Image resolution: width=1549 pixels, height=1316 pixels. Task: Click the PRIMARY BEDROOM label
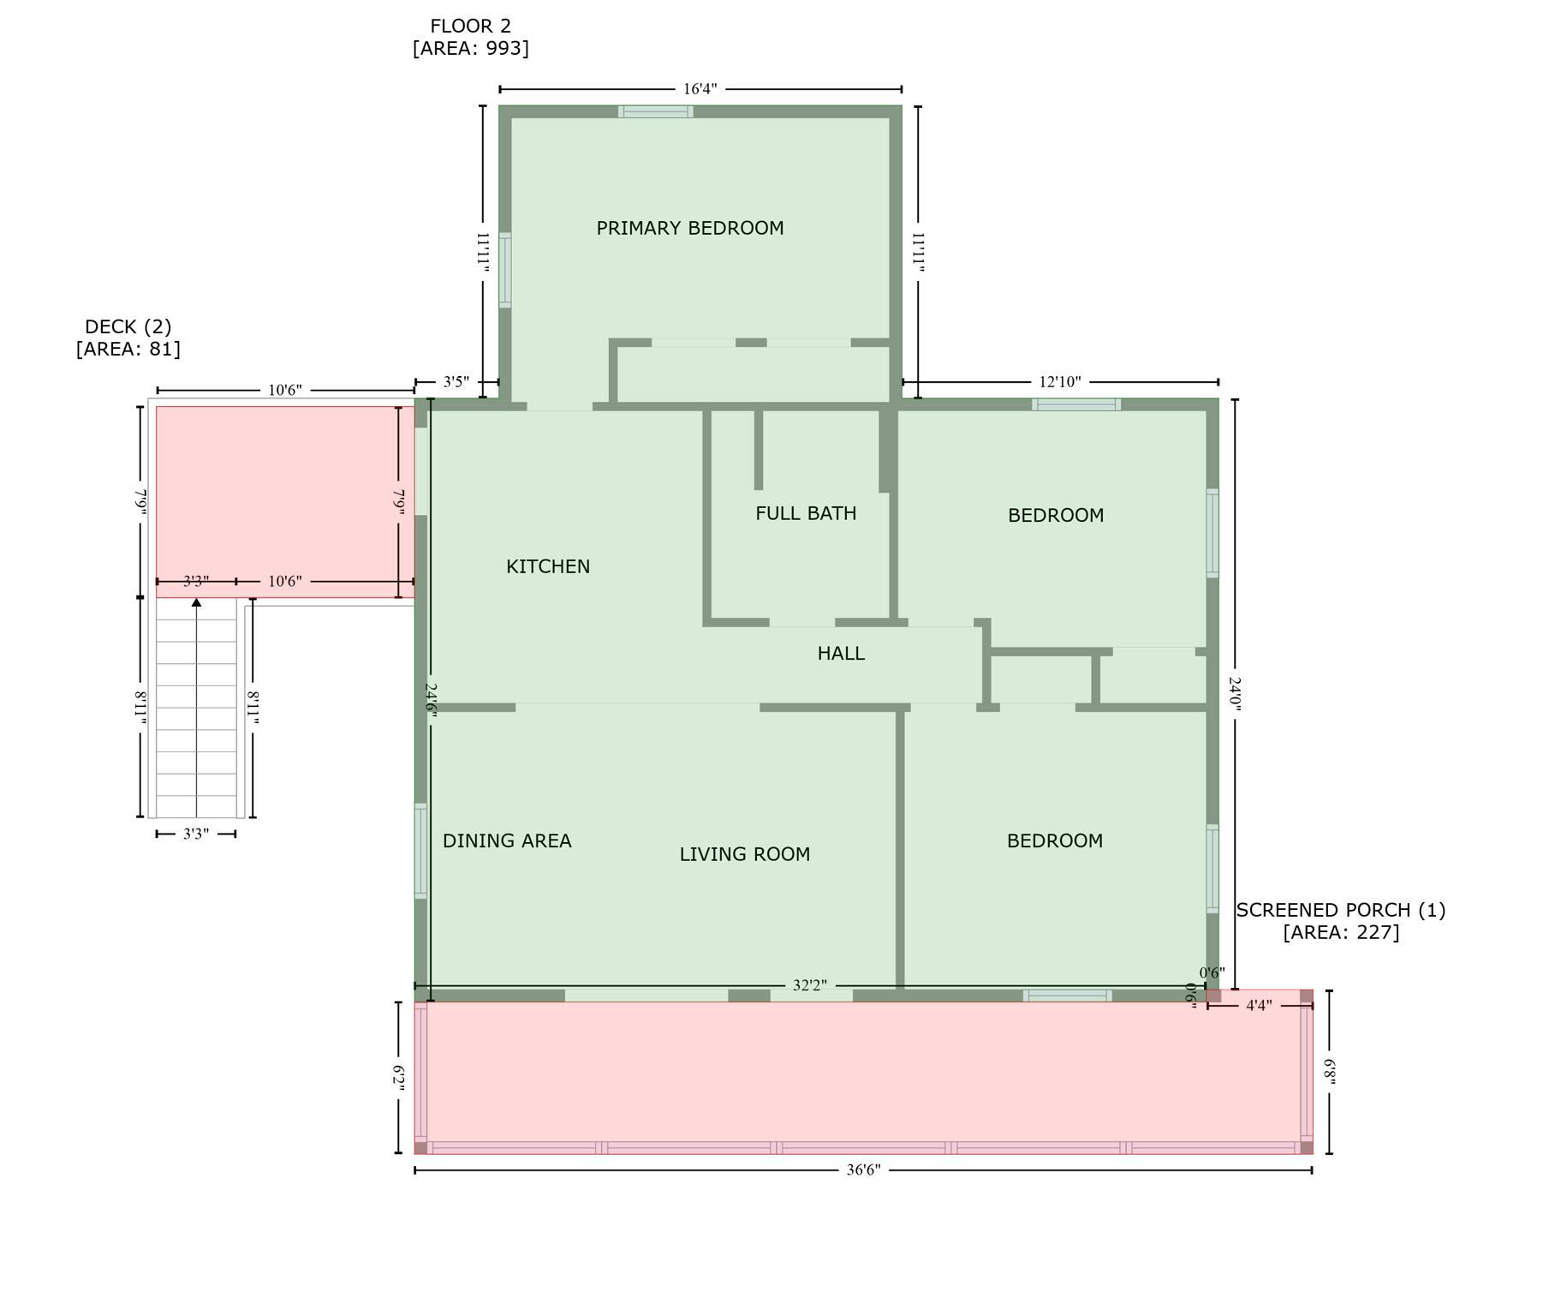click(689, 228)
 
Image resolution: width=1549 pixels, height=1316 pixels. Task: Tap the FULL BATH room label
click(806, 513)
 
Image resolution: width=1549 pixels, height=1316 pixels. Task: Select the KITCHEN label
click(548, 566)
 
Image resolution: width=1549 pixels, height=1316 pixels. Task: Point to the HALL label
click(841, 654)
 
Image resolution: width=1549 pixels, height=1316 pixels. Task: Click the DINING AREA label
click(507, 841)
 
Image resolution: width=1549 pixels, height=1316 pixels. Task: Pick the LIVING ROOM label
click(745, 854)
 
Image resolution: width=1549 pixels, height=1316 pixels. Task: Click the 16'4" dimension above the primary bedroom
click(700, 89)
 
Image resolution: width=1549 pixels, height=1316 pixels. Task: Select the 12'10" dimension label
click(1060, 382)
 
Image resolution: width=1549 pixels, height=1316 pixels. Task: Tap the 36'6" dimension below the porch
click(863, 1170)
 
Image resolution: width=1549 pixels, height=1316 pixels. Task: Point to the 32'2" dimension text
click(809, 986)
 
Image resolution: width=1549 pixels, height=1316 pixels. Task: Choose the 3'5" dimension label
click(456, 382)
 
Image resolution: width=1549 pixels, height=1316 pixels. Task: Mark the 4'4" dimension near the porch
click(1258, 1006)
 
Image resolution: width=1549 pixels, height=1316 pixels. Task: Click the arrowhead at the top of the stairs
click(197, 603)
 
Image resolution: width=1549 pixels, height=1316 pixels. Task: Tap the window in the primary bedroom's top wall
click(656, 111)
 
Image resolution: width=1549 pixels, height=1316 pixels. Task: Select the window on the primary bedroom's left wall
click(505, 270)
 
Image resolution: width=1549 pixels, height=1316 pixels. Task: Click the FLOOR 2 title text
click(470, 27)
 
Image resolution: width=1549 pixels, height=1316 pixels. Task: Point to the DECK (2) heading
click(128, 326)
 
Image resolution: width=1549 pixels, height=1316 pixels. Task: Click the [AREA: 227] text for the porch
click(1341, 932)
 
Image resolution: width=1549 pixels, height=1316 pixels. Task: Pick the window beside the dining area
click(420, 851)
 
